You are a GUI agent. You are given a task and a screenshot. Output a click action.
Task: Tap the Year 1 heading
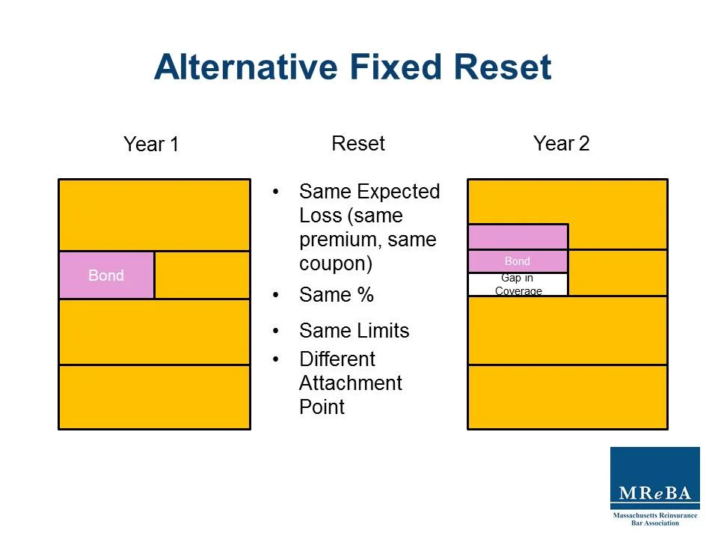pyautogui.click(x=151, y=144)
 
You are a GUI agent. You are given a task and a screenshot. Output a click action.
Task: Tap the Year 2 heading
pyautogui.click(x=561, y=144)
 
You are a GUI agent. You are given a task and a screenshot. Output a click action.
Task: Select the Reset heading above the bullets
pyautogui.click(x=358, y=144)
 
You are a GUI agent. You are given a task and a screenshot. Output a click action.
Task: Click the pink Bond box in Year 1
pyautogui.click(x=106, y=275)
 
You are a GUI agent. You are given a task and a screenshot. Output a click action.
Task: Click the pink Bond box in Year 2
pyautogui.click(x=518, y=261)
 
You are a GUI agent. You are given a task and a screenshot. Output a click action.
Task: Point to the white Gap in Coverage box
pyautogui.click(x=518, y=284)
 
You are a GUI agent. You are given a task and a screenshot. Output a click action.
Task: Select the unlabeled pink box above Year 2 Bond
pyautogui.click(x=518, y=237)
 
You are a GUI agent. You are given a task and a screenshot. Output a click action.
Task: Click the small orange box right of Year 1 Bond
pyautogui.click(x=202, y=275)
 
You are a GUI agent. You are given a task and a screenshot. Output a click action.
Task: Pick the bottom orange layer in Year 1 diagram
pyautogui.click(x=154, y=397)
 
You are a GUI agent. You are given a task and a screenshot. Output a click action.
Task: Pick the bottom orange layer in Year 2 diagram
pyautogui.click(x=567, y=397)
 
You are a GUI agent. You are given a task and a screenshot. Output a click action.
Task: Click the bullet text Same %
pyautogui.click(x=336, y=296)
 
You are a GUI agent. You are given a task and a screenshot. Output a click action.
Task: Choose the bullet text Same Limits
pyautogui.click(x=354, y=331)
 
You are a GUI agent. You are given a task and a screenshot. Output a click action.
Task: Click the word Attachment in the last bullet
pyautogui.click(x=350, y=383)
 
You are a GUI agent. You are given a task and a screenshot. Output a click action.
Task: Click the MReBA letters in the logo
pyautogui.click(x=654, y=494)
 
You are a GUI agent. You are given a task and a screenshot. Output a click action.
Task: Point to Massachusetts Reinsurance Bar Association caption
pyautogui.click(x=654, y=519)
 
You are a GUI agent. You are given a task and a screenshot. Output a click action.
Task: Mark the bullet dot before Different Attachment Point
pyautogui.click(x=276, y=359)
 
